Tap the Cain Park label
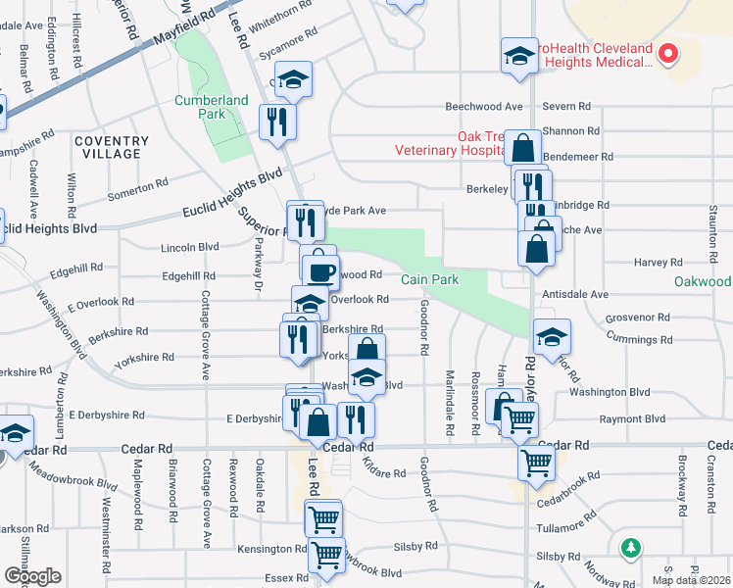point(429,280)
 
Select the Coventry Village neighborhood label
point(112,147)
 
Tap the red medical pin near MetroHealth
point(669,54)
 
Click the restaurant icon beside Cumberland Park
point(276,122)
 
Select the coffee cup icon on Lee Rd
point(320,270)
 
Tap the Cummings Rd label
point(638,340)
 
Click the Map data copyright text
point(692,580)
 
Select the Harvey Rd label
point(658,263)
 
